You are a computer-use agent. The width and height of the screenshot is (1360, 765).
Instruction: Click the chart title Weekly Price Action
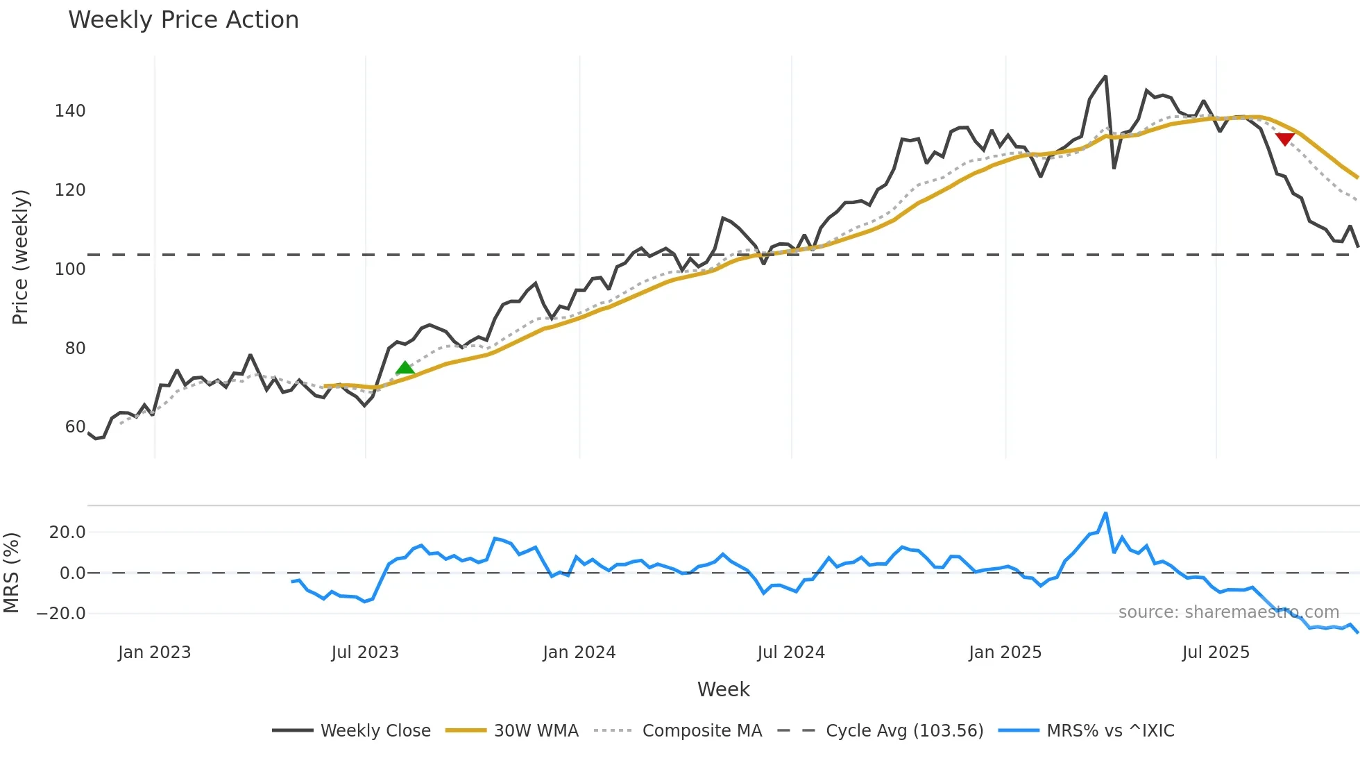click(x=183, y=20)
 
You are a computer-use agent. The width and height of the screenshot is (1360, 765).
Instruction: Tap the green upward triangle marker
click(x=405, y=368)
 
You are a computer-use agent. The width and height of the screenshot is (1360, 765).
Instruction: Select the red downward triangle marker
click(x=1285, y=139)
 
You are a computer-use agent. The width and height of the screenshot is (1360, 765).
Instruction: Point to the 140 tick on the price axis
click(x=70, y=111)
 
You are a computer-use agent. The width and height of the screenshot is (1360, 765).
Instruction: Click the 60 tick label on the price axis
click(x=75, y=427)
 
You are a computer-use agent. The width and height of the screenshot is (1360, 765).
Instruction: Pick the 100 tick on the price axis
click(x=70, y=269)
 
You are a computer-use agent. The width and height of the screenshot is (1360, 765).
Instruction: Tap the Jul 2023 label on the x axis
click(x=365, y=653)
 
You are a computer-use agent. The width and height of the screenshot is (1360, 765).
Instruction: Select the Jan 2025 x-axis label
click(x=1005, y=653)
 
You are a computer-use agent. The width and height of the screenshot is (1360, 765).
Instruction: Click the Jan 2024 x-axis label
click(x=579, y=653)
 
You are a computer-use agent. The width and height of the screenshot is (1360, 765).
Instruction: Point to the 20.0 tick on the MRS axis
click(x=67, y=532)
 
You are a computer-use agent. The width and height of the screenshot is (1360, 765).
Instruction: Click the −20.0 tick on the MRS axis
click(x=61, y=614)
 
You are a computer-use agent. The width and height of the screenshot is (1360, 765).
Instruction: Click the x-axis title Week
click(x=723, y=689)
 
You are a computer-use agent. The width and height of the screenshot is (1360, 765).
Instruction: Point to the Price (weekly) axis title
click(x=20, y=257)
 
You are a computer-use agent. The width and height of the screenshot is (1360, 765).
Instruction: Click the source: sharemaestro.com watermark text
click(x=1228, y=612)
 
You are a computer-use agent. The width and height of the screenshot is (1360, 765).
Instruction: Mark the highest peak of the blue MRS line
click(x=1105, y=514)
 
